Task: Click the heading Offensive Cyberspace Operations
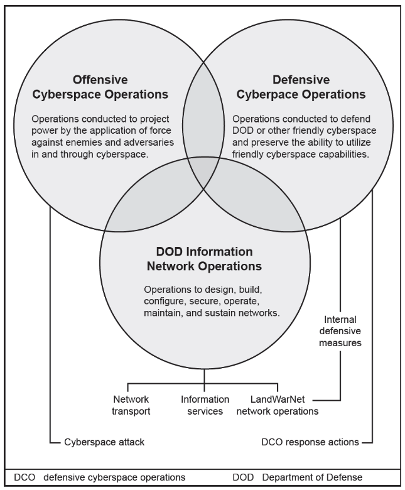click(120, 87)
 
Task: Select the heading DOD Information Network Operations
click(203, 258)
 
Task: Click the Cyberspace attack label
click(104, 442)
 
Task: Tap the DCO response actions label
click(310, 442)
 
